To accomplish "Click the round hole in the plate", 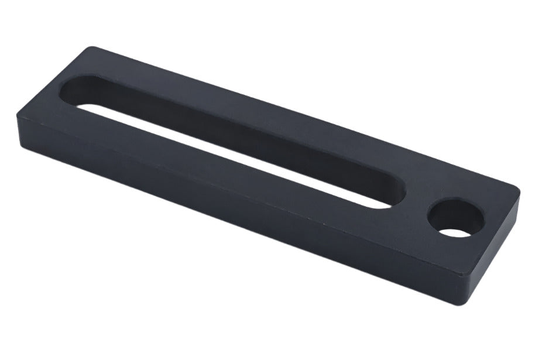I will (456, 218).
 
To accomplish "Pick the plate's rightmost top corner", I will (518, 191).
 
